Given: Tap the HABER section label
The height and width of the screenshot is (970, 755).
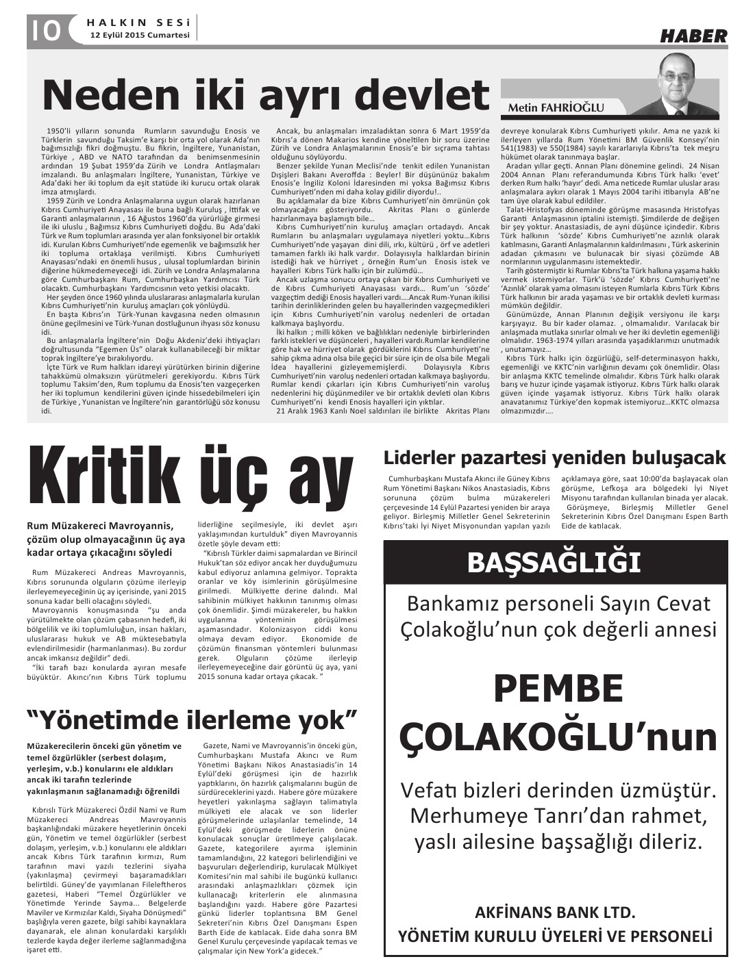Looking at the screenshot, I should click(x=693, y=36).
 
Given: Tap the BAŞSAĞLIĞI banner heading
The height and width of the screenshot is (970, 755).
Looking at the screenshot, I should click(x=554, y=562).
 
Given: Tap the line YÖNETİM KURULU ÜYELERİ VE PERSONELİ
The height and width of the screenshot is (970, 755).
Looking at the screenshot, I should click(x=556, y=935).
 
